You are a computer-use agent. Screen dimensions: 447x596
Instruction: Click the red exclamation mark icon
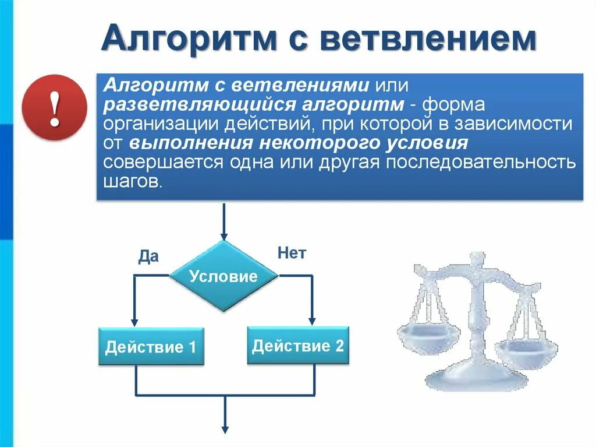pyautogui.click(x=54, y=109)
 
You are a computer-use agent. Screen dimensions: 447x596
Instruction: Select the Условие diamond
pyautogui.click(x=223, y=276)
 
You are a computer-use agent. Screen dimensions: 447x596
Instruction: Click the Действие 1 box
pyautogui.click(x=151, y=347)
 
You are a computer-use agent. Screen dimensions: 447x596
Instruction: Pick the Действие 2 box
pyautogui.click(x=298, y=346)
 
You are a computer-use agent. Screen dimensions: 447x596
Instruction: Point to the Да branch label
pyautogui.click(x=148, y=256)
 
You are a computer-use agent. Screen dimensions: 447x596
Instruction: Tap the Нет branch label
pyautogui.click(x=292, y=253)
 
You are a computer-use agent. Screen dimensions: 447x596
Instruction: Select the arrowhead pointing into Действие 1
pyautogui.click(x=135, y=321)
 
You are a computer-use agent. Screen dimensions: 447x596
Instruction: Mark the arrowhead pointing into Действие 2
pyautogui.click(x=312, y=320)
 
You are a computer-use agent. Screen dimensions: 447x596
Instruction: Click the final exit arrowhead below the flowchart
pyautogui.click(x=224, y=428)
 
